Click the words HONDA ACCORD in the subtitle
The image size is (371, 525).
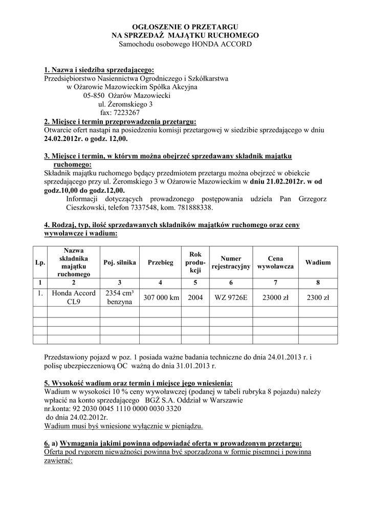pos(222,45)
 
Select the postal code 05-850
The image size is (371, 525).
pos(94,95)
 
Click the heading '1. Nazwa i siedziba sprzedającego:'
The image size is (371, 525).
pos(99,70)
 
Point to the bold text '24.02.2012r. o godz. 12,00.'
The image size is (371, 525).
pos(86,139)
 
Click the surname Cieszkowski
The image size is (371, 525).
pos(94,208)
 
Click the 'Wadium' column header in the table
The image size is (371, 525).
pos(318,262)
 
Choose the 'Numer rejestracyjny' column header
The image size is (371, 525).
pos(231,262)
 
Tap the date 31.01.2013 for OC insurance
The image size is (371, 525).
pos(191,366)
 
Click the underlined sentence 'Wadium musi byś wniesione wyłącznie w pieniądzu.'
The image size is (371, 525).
pos(123,426)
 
